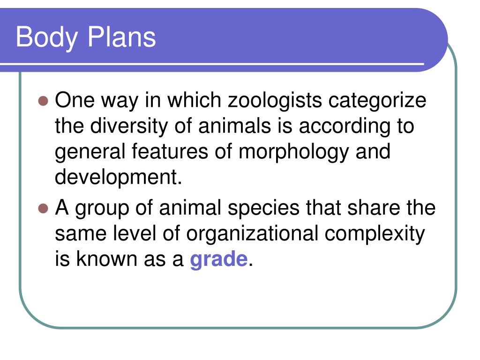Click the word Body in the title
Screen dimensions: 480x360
pos(46,37)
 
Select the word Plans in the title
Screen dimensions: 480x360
pos(121,37)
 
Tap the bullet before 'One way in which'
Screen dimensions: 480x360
pos(44,101)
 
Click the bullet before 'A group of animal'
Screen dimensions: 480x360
pos(44,209)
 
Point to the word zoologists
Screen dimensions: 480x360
pos(275,101)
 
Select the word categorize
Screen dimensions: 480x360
pos(377,101)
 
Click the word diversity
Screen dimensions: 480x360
pos(129,127)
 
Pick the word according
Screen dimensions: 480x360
pos(345,127)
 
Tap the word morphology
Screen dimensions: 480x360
pos(293,152)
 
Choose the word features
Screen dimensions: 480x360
pos(170,151)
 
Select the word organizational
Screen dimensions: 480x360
pos(252,234)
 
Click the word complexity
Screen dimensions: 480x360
pos(375,234)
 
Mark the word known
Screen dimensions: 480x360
pos(107,259)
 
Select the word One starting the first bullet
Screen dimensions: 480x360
pos(75,100)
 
